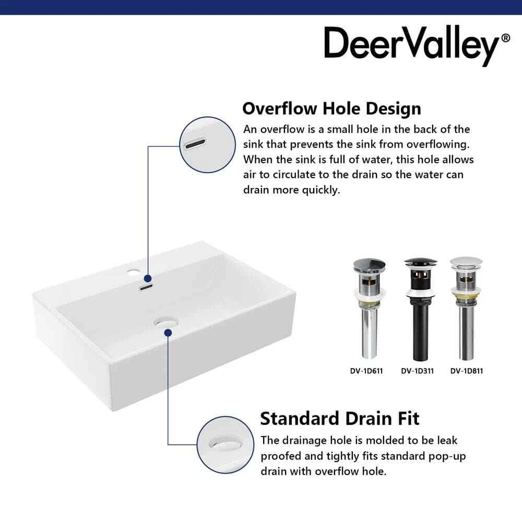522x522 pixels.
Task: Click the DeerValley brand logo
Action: [x=417, y=45]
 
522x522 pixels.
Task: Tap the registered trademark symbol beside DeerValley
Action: [x=505, y=38]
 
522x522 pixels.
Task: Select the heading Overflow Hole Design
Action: [x=331, y=109]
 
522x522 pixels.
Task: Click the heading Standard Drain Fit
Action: [x=340, y=419]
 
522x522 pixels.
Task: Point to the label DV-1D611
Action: [x=366, y=371]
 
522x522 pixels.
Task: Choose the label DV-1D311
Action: [x=418, y=371]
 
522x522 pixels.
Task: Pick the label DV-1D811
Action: [x=467, y=371]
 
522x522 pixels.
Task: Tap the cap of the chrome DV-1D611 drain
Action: [x=369, y=265]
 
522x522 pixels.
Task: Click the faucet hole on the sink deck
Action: [x=134, y=272]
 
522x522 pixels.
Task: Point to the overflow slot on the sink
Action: [x=146, y=287]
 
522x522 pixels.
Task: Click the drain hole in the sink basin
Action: [x=166, y=322]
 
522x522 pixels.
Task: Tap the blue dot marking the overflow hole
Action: [x=148, y=278]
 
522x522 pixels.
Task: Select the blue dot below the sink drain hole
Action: [x=168, y=332]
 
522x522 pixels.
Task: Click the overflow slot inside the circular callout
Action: [x=195, y=144]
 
